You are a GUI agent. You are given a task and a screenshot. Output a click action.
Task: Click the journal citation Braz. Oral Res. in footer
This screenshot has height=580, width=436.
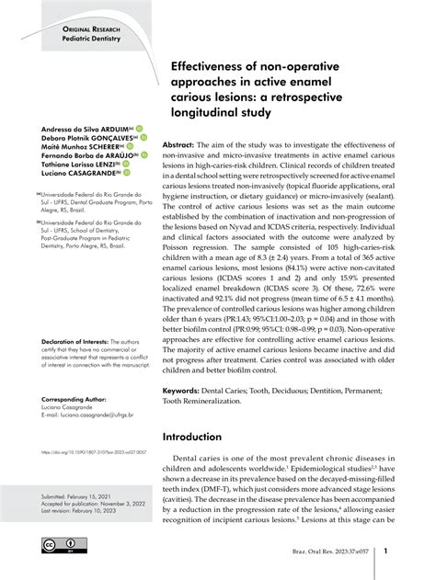(x=310, y=553)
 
